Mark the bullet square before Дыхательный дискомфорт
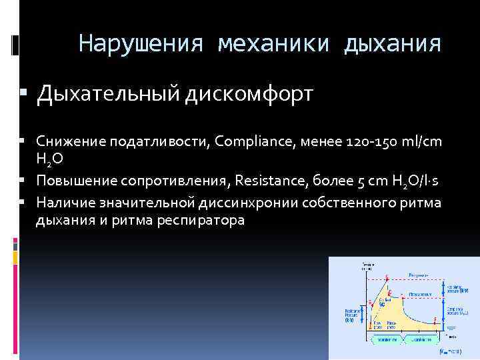pyautogui.click(x=23, y=95)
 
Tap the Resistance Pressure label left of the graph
pyautogui.click(x=352, y=315)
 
